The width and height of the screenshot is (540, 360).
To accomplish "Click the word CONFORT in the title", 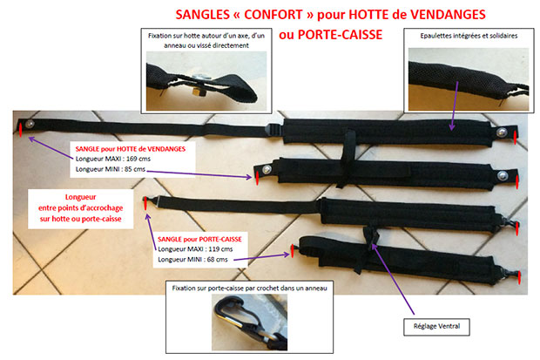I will [x=240, y=16].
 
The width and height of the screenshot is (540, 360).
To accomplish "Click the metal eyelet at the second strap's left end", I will [x=273, y=175].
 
